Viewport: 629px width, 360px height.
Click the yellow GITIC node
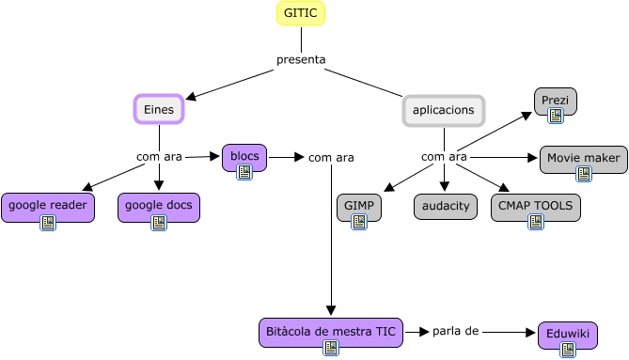(x=301, y=14)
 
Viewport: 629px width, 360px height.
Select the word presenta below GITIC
(x=301, y=60)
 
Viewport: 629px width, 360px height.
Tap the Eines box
(x=158, y=110)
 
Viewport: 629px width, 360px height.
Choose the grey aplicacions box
(x=444, y=110)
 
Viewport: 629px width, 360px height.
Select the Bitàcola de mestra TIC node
(x=331, y=334)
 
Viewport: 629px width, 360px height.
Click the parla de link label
(x=456, y=331)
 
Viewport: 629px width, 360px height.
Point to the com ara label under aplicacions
(x=444, y=156)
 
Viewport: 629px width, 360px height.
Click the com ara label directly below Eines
(x=159, y=156)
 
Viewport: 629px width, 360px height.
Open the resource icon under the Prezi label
(x=555, y=115)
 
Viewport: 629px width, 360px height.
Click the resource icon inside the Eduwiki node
(x=567, y=349)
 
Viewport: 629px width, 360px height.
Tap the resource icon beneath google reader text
(x=47, y=223)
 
